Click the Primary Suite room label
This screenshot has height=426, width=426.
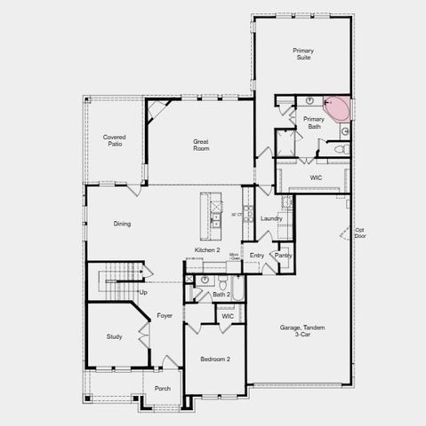303,53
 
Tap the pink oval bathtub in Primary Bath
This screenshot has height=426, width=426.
338,108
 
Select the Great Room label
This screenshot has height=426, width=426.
202,145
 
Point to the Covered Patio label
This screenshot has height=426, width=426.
114,140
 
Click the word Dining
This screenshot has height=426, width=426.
122,224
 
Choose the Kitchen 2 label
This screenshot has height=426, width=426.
207,251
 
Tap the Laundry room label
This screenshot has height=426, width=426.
272,218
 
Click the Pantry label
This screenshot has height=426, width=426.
283,256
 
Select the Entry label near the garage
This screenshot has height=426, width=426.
257,256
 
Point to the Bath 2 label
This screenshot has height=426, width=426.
221,294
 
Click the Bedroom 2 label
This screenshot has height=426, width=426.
215,359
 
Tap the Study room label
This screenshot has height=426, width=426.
114,336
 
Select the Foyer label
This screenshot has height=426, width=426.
165,316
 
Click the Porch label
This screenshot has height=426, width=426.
163,388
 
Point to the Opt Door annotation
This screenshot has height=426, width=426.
360,233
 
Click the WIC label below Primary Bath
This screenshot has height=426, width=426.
316,177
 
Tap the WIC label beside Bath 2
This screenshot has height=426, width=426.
228,316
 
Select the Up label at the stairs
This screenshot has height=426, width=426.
143,292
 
